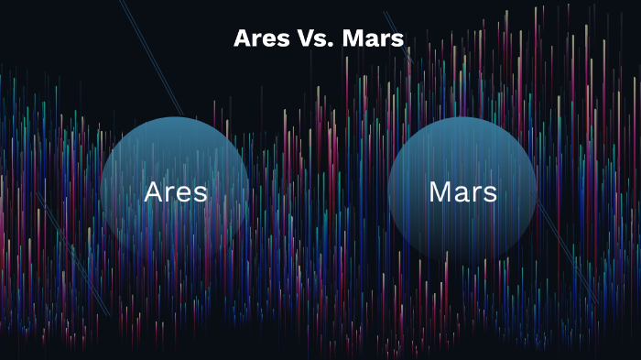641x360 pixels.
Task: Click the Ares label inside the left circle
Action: click(x=175, y=191)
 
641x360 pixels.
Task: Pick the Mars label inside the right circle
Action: click(x=462, y=191)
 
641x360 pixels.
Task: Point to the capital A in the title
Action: click(x=243, y=38)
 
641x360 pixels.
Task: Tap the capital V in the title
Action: click(x=309, y=38)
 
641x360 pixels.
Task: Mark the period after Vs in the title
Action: click(x=333, y=44)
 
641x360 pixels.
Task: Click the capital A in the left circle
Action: click(x=155, y=191)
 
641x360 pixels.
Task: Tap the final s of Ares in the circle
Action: click(x=200, y=193)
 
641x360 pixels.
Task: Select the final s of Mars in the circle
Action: click(x=490, y=193)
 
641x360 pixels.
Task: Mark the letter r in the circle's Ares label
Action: click(x=171, y=193)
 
